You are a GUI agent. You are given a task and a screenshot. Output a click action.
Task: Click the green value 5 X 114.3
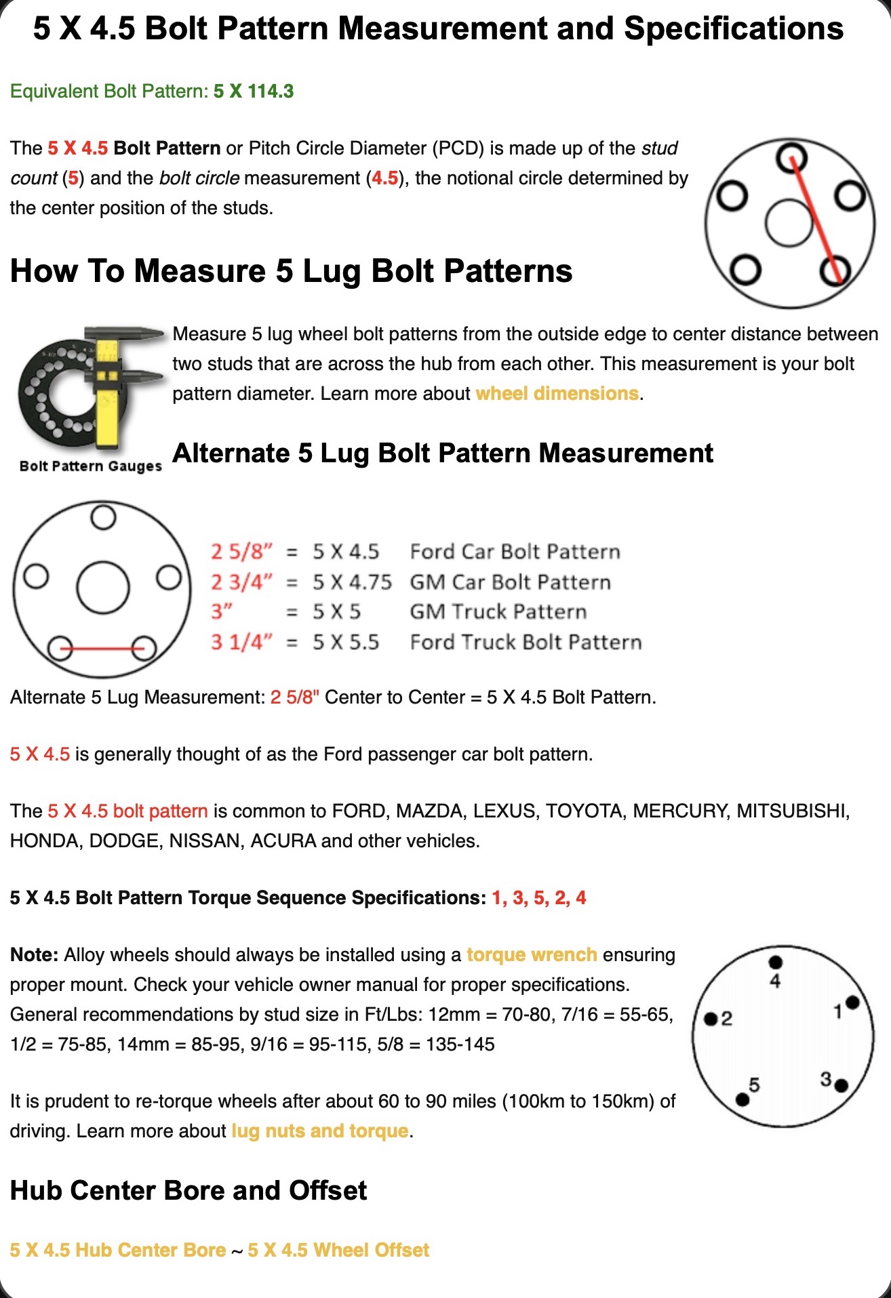254,91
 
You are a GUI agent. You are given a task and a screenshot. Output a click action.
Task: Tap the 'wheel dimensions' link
557,393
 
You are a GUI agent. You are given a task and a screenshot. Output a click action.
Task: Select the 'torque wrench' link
532,954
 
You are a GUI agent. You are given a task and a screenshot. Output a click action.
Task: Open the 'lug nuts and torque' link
320,1131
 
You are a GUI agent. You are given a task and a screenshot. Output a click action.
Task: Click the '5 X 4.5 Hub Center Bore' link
118,1250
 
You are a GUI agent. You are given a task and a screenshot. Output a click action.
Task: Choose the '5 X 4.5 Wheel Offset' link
338,1250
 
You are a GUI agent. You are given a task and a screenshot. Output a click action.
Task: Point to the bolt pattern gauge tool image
91,387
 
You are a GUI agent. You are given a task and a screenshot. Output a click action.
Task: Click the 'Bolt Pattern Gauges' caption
91,466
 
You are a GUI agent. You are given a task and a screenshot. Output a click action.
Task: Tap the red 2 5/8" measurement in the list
241,551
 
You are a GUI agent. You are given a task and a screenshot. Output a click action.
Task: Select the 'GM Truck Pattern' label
498,611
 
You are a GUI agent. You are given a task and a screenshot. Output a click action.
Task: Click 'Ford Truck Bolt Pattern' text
526,641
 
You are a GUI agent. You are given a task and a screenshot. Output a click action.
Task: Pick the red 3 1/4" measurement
241,641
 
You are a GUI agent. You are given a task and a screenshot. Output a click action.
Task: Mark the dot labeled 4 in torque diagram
776,962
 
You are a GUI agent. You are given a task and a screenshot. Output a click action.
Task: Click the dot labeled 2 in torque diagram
711,1019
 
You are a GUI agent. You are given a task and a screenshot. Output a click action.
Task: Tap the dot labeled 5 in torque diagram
742,1099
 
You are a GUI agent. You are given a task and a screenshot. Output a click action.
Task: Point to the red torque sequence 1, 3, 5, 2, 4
539,897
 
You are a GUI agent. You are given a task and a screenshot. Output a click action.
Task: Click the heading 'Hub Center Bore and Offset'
189,1190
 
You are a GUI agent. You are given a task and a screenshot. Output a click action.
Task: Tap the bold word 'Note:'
35,954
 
